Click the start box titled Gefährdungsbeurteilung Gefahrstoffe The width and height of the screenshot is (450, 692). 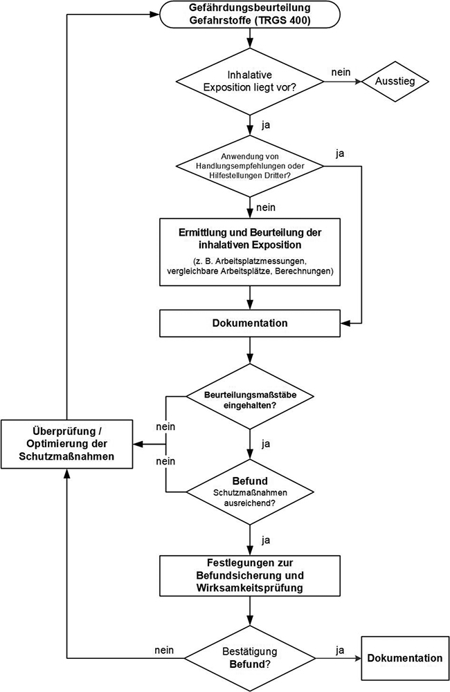pyautogui.click(x=250, y=15)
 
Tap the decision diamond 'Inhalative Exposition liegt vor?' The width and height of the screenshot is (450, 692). pyautogui.click(x=250, y=82)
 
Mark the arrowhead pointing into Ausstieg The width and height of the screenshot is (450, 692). pyautogui.click(x=358, y=82)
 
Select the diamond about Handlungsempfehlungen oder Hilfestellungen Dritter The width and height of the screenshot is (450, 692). pyautogui.click(x=250, y=167)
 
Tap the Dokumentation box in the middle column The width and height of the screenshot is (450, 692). pyautogui.click(x=250, y=323)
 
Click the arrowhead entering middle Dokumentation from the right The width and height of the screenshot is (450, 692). pyautogui.click(x=345, y=323)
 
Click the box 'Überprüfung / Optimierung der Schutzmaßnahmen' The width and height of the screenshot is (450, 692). pyautogui.click(x=66, y=444)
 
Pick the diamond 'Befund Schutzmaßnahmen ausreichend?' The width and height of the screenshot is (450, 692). pyautogui.click(x=250, y=492)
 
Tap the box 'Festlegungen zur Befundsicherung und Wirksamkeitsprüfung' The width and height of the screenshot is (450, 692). pyautogui.click(x=250, y=575)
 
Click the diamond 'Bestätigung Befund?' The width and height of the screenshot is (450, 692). pyautogui.click(x=250, y=656)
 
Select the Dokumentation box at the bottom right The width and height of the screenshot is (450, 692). pyautogui.click(x=405, y=657)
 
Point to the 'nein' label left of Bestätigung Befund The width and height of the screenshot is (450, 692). pyautogui.click(x=163, y=651)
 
